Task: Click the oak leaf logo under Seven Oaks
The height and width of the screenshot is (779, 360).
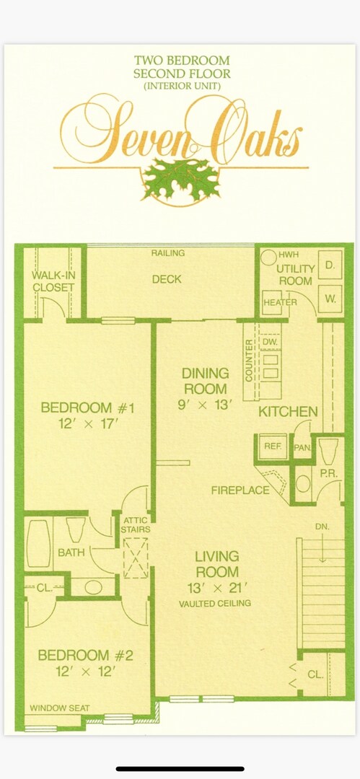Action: click(x=180, y=180)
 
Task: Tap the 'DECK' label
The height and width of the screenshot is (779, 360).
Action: click(x=167, y=279)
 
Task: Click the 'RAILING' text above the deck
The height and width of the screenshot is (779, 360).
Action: click(x=168, y=253)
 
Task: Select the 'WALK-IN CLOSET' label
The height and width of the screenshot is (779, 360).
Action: click(x=53, y=281)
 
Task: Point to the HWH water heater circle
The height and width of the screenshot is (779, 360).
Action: click(x=268, y=256)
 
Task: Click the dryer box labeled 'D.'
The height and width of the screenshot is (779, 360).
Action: click(x=330, y=264)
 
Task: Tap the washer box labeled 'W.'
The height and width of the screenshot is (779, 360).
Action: click(x=330, y=298)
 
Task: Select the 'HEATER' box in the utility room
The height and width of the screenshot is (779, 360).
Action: click(x=279, y=302)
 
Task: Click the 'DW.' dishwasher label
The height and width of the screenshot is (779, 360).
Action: click(x=270, y=340)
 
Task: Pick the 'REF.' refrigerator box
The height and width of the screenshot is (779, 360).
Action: click(x=272, y=446)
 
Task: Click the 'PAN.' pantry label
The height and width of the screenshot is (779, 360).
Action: click(x=302, y=447)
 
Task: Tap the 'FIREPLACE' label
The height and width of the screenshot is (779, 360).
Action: click(x=240, y=490)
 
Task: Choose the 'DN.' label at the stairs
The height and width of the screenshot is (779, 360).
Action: click(x=322, y=527)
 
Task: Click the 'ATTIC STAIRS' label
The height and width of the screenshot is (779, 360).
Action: click(x=136, y=525)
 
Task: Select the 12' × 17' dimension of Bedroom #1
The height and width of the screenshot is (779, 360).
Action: click(x=88, y=424)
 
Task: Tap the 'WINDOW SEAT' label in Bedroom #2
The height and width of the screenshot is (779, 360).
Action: click(x=60, y=708)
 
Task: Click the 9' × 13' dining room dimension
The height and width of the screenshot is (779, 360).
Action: click(x=206, y=405)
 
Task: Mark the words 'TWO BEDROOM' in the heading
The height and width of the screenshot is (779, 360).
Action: click(x=181, y=61)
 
